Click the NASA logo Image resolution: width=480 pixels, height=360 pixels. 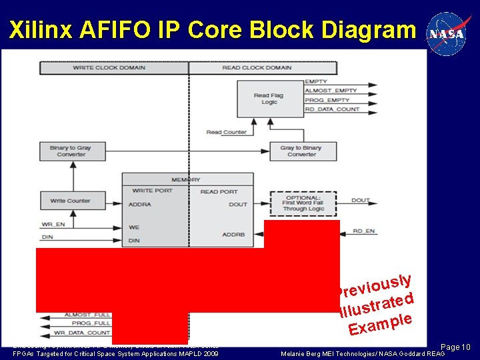coord(448,33)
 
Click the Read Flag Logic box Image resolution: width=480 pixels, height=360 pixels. coord(269,99)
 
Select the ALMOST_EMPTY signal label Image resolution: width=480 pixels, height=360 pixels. coord(331,91)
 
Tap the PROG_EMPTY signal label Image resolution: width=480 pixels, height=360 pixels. coord(327,100)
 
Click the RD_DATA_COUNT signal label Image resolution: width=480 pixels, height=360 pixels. coord(332,109)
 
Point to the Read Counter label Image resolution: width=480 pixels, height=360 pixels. coord(226,132)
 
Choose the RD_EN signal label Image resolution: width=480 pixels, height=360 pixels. coord(364,231)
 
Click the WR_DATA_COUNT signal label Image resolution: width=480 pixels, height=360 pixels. coord(87,333)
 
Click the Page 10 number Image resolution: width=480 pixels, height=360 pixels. coord(456,347)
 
